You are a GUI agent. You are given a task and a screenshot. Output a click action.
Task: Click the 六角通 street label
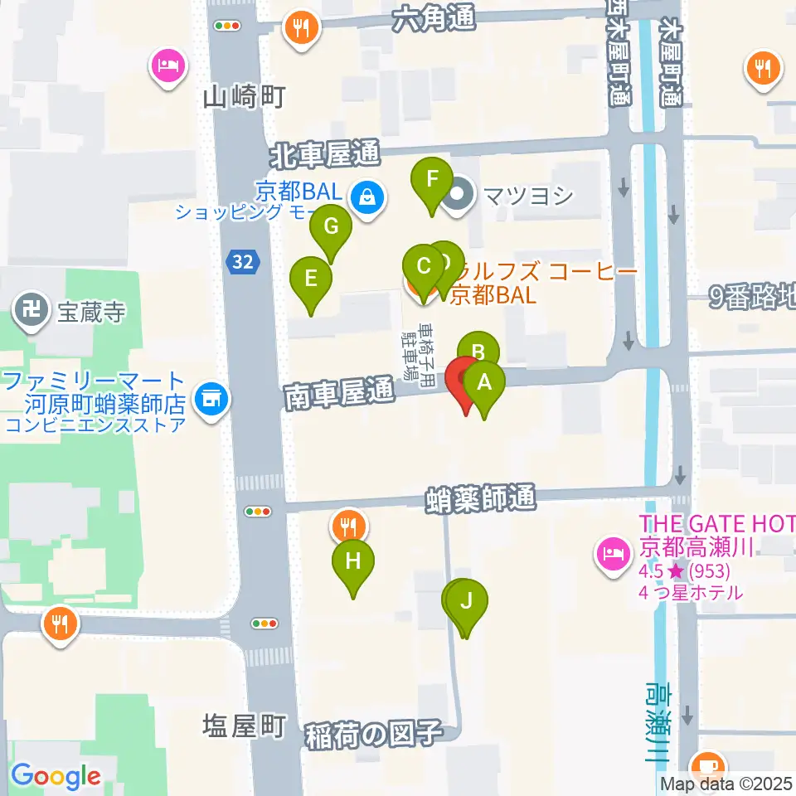click(435, 17)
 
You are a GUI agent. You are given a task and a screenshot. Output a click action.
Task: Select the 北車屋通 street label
click(324, 153)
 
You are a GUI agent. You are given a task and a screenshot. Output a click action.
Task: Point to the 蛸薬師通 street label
click(480, 498)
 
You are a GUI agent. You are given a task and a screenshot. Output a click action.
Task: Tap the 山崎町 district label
click(244, 98)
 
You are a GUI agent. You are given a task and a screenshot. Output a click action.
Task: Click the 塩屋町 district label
click(244, 726)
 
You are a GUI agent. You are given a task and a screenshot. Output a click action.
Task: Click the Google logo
click(56, 776)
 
